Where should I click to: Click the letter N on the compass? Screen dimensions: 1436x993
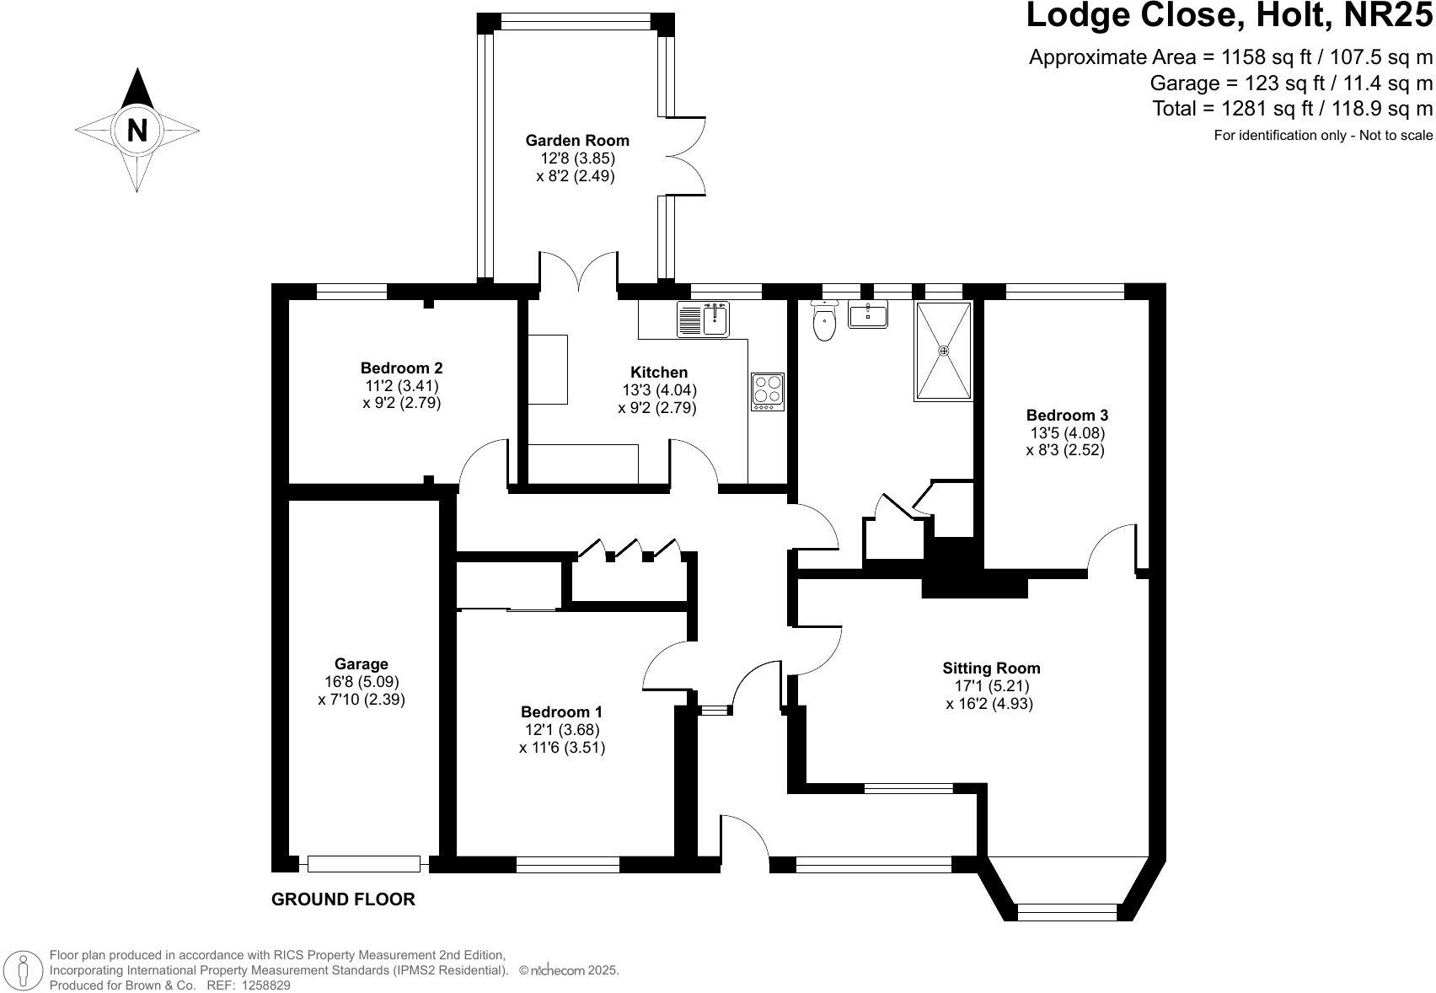tap(137, 131)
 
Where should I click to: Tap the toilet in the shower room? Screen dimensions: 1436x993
tap(824, 319)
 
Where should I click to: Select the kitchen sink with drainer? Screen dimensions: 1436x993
tap(704, 319)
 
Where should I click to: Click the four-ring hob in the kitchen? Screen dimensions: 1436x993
tap(768, 392)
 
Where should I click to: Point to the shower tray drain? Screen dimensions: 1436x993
tap(943, 351)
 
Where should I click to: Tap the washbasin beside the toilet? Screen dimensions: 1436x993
tap(868, 314)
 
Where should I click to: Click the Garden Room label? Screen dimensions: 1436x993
tap(577, 141)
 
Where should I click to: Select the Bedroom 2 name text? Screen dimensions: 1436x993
tap(401, 368)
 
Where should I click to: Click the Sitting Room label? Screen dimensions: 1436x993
tap(991, 668)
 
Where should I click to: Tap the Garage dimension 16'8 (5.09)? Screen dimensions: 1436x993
tap(362, 681)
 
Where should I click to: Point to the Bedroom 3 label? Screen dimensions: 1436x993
tap(1067, 416)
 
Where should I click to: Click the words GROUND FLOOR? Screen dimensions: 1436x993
tap(343, 899)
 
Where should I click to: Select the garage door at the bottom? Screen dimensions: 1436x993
tap(363, 864)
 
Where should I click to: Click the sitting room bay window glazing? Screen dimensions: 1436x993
tap(1068, 911)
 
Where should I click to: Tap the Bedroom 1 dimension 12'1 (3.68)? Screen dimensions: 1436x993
tap(562, 729)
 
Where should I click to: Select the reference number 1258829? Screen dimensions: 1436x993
tap(264, 985)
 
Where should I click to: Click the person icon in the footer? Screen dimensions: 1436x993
tap(23, 969)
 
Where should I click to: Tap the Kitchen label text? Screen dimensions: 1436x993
tap(658, 373)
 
